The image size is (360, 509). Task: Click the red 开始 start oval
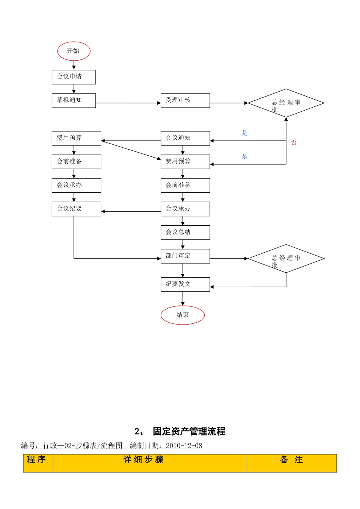(74, 51)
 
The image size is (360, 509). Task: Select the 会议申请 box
(74, 77)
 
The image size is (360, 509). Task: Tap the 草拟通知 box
(74, 100)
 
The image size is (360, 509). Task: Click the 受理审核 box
(185, 100)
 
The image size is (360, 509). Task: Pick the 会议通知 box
(185, 138)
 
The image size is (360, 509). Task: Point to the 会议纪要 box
(76, 209)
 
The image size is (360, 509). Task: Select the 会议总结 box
(185, 233)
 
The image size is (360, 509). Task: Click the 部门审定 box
(185, 256)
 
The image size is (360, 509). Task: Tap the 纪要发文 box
(185, 284)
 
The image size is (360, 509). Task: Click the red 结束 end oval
(182, 315)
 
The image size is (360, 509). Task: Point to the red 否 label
(294, 142)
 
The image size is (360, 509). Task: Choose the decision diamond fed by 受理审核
(286, 103)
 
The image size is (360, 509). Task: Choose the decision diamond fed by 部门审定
(286, 259)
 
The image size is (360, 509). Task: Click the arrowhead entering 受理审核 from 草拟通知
(159, 103)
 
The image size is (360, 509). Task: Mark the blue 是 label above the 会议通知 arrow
(245, 133)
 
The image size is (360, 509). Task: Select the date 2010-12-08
(184, 446)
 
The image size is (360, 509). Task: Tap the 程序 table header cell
(37, 460)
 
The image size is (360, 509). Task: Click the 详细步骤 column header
(144, 460)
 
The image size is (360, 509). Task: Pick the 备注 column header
(291, 460)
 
